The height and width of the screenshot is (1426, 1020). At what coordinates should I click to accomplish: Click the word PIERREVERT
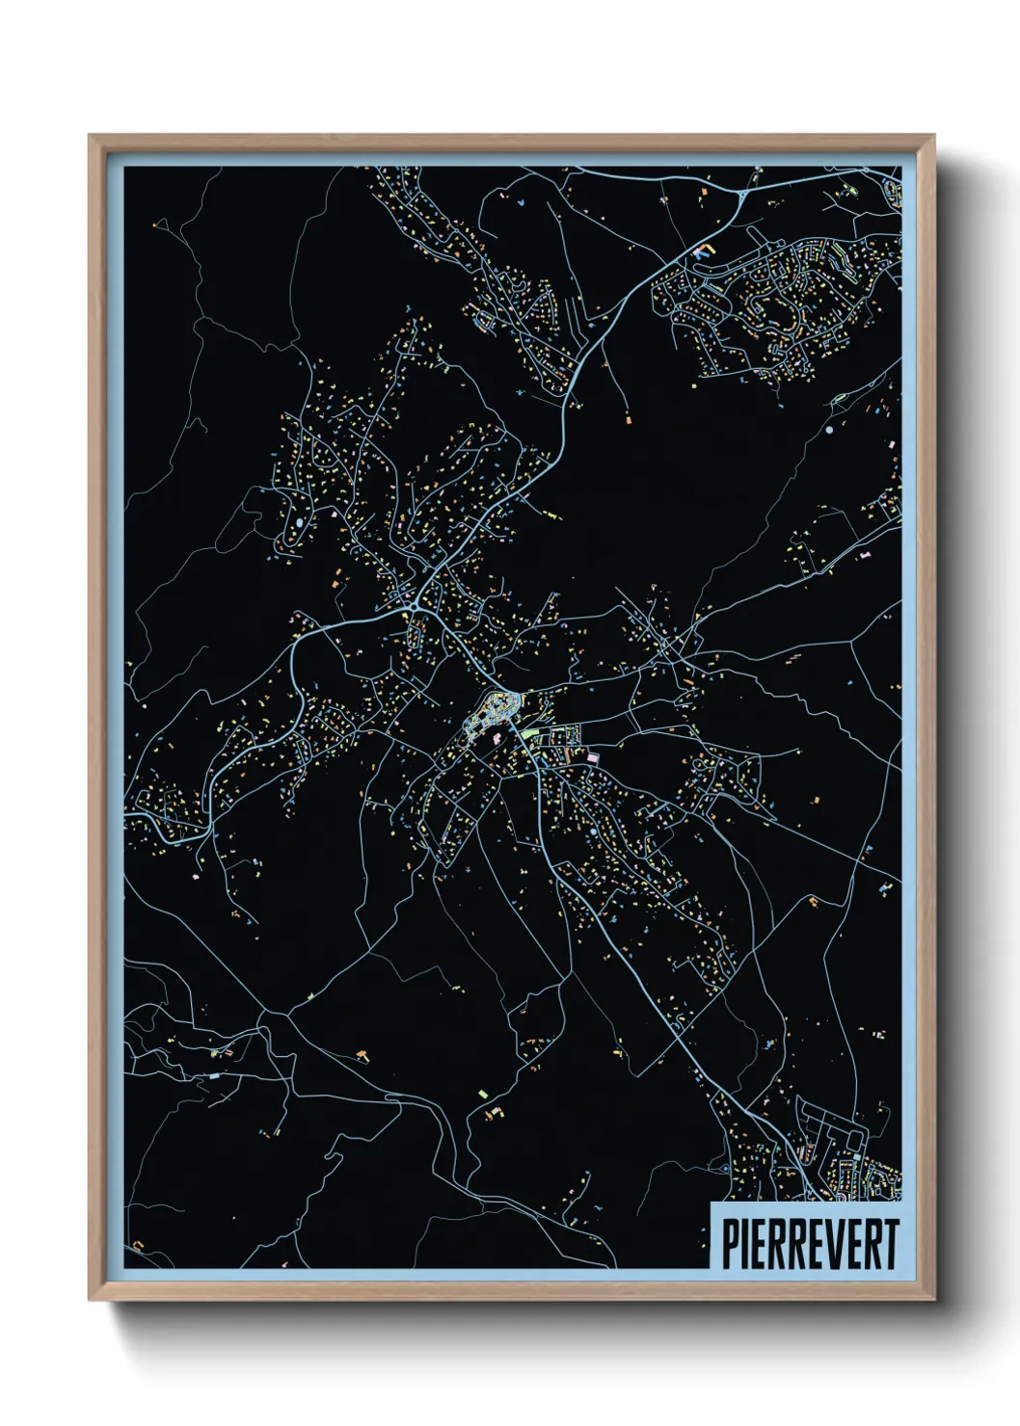811,1244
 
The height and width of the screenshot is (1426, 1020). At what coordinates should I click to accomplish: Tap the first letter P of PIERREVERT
731,1244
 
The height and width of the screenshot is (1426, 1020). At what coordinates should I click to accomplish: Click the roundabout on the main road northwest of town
411,608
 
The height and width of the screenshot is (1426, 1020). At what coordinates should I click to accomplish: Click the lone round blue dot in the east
828,430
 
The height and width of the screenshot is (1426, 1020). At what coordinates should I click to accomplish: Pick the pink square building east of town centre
593,758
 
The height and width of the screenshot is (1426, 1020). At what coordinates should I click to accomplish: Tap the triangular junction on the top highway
743,193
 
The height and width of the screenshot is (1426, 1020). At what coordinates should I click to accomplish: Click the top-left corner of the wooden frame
90,136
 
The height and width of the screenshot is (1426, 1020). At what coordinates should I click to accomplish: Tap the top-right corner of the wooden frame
934,136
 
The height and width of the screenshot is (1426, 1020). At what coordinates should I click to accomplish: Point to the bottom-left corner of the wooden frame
90,1301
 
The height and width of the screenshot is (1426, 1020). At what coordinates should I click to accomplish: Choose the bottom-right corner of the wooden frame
934,1301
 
